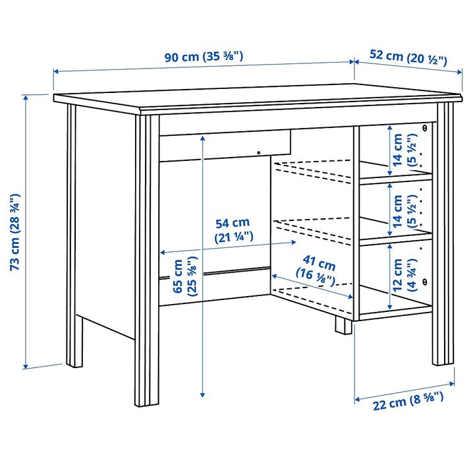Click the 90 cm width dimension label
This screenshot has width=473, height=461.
tap(204, 56)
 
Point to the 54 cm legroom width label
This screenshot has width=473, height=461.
tap(235, 229)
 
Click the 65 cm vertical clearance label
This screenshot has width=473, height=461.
tap(184, 279)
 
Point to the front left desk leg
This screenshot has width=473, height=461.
tap(147, 264)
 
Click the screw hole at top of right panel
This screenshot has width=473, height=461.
tap(425, 127)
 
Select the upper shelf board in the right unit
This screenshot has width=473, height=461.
tap(395, 177)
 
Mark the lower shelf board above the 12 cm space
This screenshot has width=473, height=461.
tap(395, 239)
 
